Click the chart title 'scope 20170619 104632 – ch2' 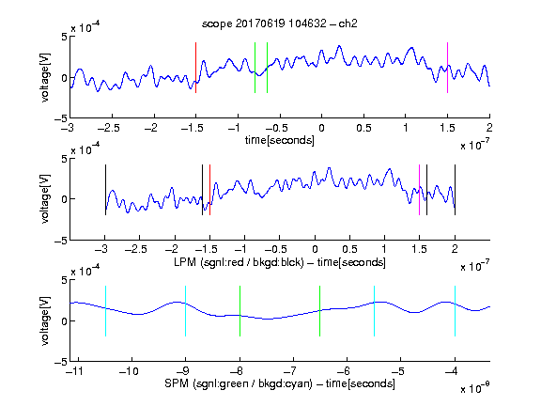[x=280, y=23]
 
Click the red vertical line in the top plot [x=195, y=68]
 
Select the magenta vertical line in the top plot [x=447, y=68]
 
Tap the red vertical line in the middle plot [x=209, y=190]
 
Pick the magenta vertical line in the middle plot [x=419, y=190]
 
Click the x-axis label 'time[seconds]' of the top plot [x=280, y=140]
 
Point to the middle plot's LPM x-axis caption [x=280, y=262]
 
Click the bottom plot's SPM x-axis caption [x=280, y=383]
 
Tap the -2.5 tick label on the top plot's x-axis [x=108, y=128]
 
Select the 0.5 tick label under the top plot [x=363, y=128]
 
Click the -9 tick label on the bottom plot [x=182, y=371]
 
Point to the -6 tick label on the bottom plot [x=344, y=371]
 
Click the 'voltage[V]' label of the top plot [x=45, y=77]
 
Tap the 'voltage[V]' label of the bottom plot [x=45, y=320]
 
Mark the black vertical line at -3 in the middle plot [x=105, y=190]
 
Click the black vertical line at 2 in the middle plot [x=455, y=190]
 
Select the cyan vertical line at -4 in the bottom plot [x=455, y=311]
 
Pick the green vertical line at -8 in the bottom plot [x=240, y=311]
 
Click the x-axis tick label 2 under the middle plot [x=455, y=249]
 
